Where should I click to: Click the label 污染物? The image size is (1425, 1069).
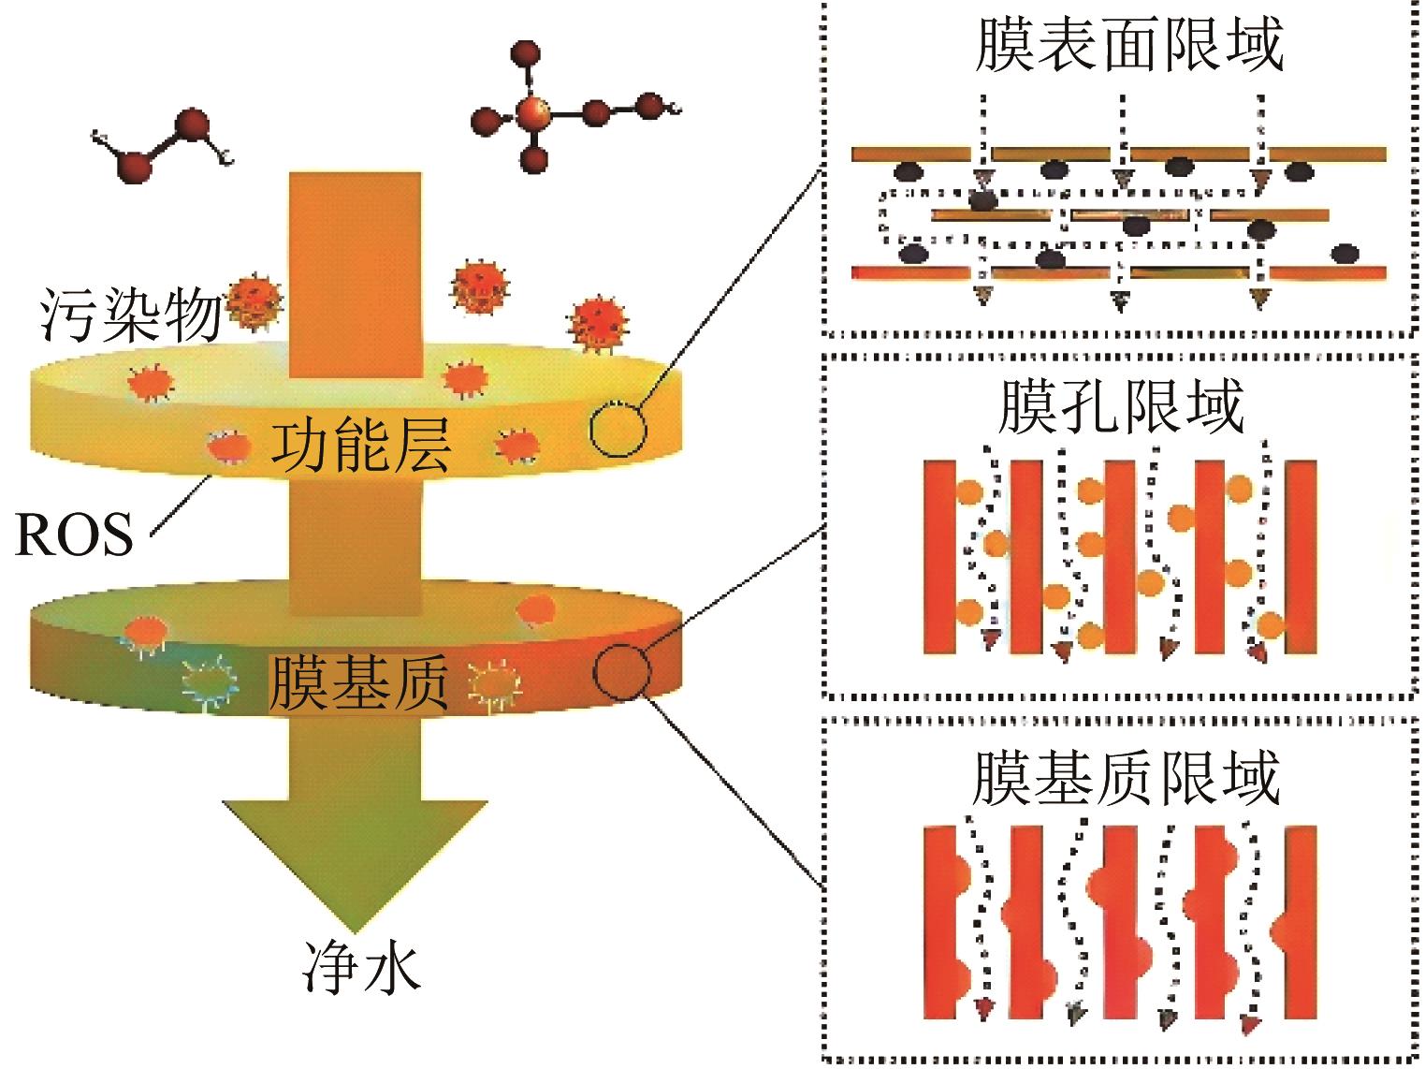pos(129,315)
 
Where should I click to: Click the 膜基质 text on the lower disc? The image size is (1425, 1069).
pos(358,682)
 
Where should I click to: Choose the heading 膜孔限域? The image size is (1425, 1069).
pos(1120,406)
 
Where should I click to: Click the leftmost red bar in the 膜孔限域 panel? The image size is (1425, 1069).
pos(939,556)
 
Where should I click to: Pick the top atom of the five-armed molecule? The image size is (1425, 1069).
pos(527,53)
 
